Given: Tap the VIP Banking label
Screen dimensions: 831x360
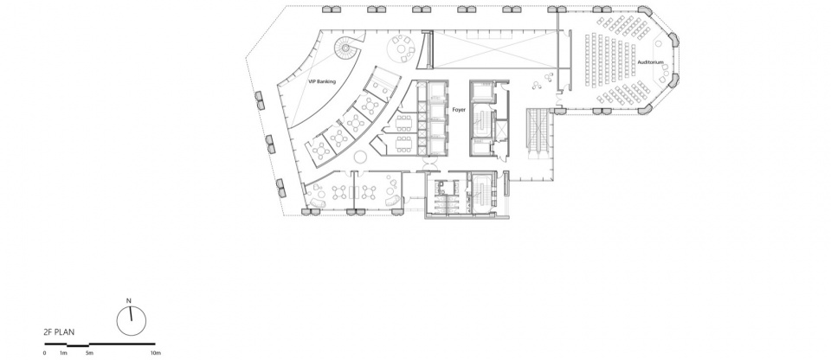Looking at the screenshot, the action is tap(322, 82).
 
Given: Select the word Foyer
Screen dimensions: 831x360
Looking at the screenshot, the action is tap(459, 110).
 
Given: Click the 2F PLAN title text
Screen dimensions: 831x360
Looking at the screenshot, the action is tap(60, 332).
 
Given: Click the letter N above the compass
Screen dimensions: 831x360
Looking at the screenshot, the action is tap(128, 300).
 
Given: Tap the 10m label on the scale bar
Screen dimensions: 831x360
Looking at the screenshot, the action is tap(156, 352).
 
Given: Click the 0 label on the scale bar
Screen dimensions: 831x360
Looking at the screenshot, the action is tap(44, 352).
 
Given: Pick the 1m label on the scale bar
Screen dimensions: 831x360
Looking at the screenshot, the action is tap(63, 352).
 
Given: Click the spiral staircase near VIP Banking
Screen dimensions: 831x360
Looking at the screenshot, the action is tap(346, 48).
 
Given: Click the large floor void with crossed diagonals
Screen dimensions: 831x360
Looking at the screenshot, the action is tap(495, 49).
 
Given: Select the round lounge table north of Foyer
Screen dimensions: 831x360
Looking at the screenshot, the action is tap(403, 50).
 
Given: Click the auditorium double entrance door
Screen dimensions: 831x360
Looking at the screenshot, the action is tap(557, 98).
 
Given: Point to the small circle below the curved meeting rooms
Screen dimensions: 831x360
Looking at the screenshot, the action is tap(360, 157).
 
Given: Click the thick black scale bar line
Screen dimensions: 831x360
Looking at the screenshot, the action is tap(100, 345).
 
